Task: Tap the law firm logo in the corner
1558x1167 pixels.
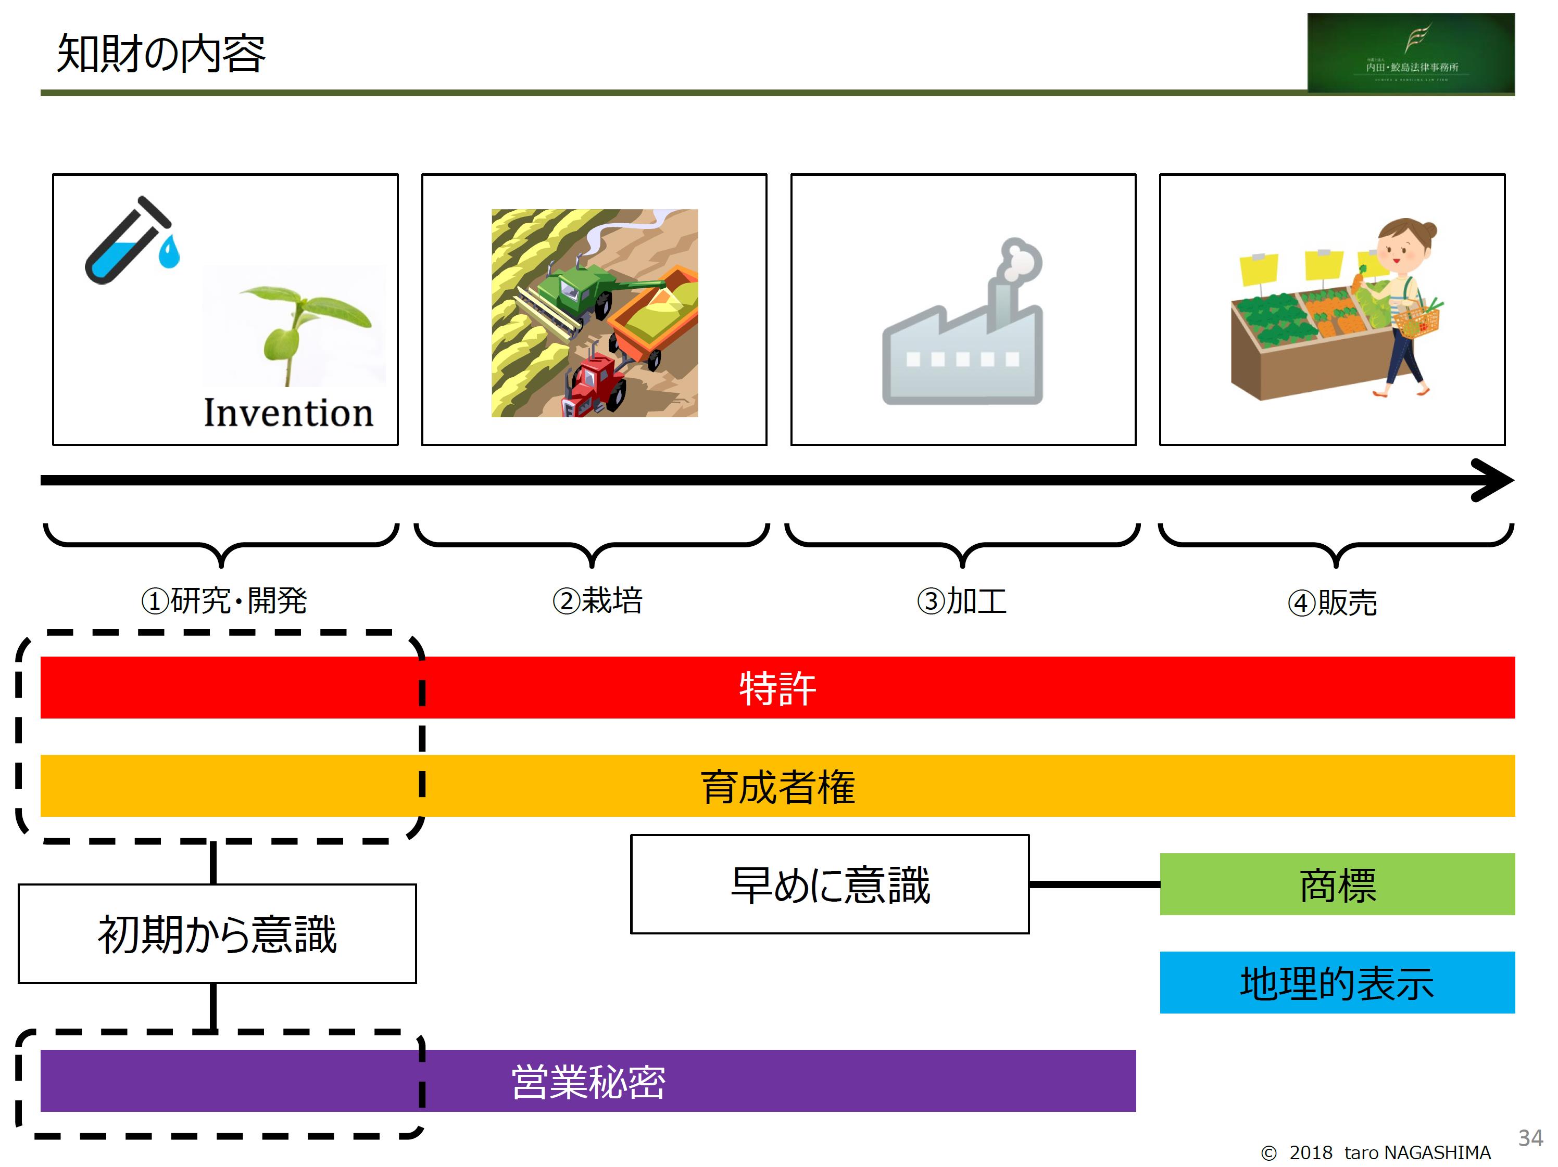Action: click(1410, 54)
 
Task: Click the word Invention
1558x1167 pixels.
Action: click(288, 413)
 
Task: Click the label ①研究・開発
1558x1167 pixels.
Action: click(224, 601)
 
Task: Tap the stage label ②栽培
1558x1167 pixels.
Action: click(597, 601)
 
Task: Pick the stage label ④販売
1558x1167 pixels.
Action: click(1332, 602)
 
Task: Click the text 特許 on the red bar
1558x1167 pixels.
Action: click(777, 688)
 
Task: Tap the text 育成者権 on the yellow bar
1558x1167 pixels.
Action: click(777, 786)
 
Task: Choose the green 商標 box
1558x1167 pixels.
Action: click(1337, 884)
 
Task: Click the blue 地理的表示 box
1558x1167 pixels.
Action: click(1337, 983)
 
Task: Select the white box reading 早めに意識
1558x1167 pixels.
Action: click(830, 884)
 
